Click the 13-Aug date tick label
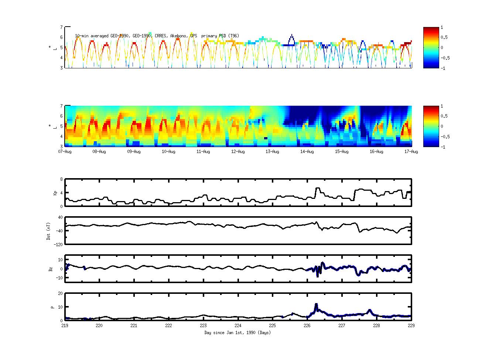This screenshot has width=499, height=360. point(273,152)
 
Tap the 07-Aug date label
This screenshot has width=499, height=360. point(65,152)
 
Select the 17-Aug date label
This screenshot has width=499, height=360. point(411,152)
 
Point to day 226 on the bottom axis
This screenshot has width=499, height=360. point(307,326)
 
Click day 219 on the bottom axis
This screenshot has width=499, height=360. point(65,326)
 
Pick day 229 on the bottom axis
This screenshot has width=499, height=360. point(411,326)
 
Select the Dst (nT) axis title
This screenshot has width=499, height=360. point(48,231)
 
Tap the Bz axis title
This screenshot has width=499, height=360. point(51,269)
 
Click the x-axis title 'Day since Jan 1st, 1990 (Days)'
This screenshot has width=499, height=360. point(237,333)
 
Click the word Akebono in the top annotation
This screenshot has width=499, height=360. point(178,36)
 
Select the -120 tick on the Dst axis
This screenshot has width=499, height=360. point(58,244)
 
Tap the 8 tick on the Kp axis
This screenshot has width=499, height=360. point(61,179)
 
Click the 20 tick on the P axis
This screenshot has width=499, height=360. point(60,293)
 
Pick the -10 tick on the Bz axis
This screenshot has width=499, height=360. point(59,276)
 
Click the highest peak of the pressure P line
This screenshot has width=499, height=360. point(316,304)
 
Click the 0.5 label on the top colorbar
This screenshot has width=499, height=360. point(444,37)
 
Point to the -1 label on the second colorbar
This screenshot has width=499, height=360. point(443,147)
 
